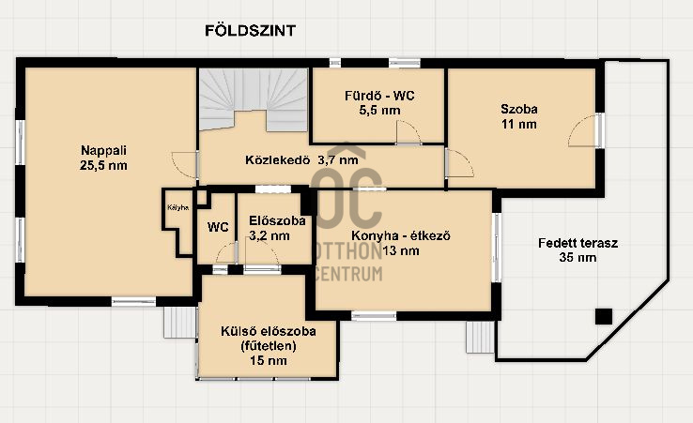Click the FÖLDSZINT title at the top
(251, 30)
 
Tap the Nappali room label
(103, 150)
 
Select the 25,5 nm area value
(103, 165)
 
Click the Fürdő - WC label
(378, 95)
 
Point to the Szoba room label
(518, 108)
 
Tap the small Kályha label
(176, 207)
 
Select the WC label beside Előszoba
(218, 227)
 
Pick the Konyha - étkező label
(401, 236)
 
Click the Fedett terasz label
(577, 242)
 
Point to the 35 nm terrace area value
(577, 257)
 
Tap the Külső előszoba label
(268, 331)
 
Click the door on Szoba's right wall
(583, 131)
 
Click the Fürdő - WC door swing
(408, 132)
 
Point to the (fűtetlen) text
(268, 346)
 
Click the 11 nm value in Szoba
(518, 123)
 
